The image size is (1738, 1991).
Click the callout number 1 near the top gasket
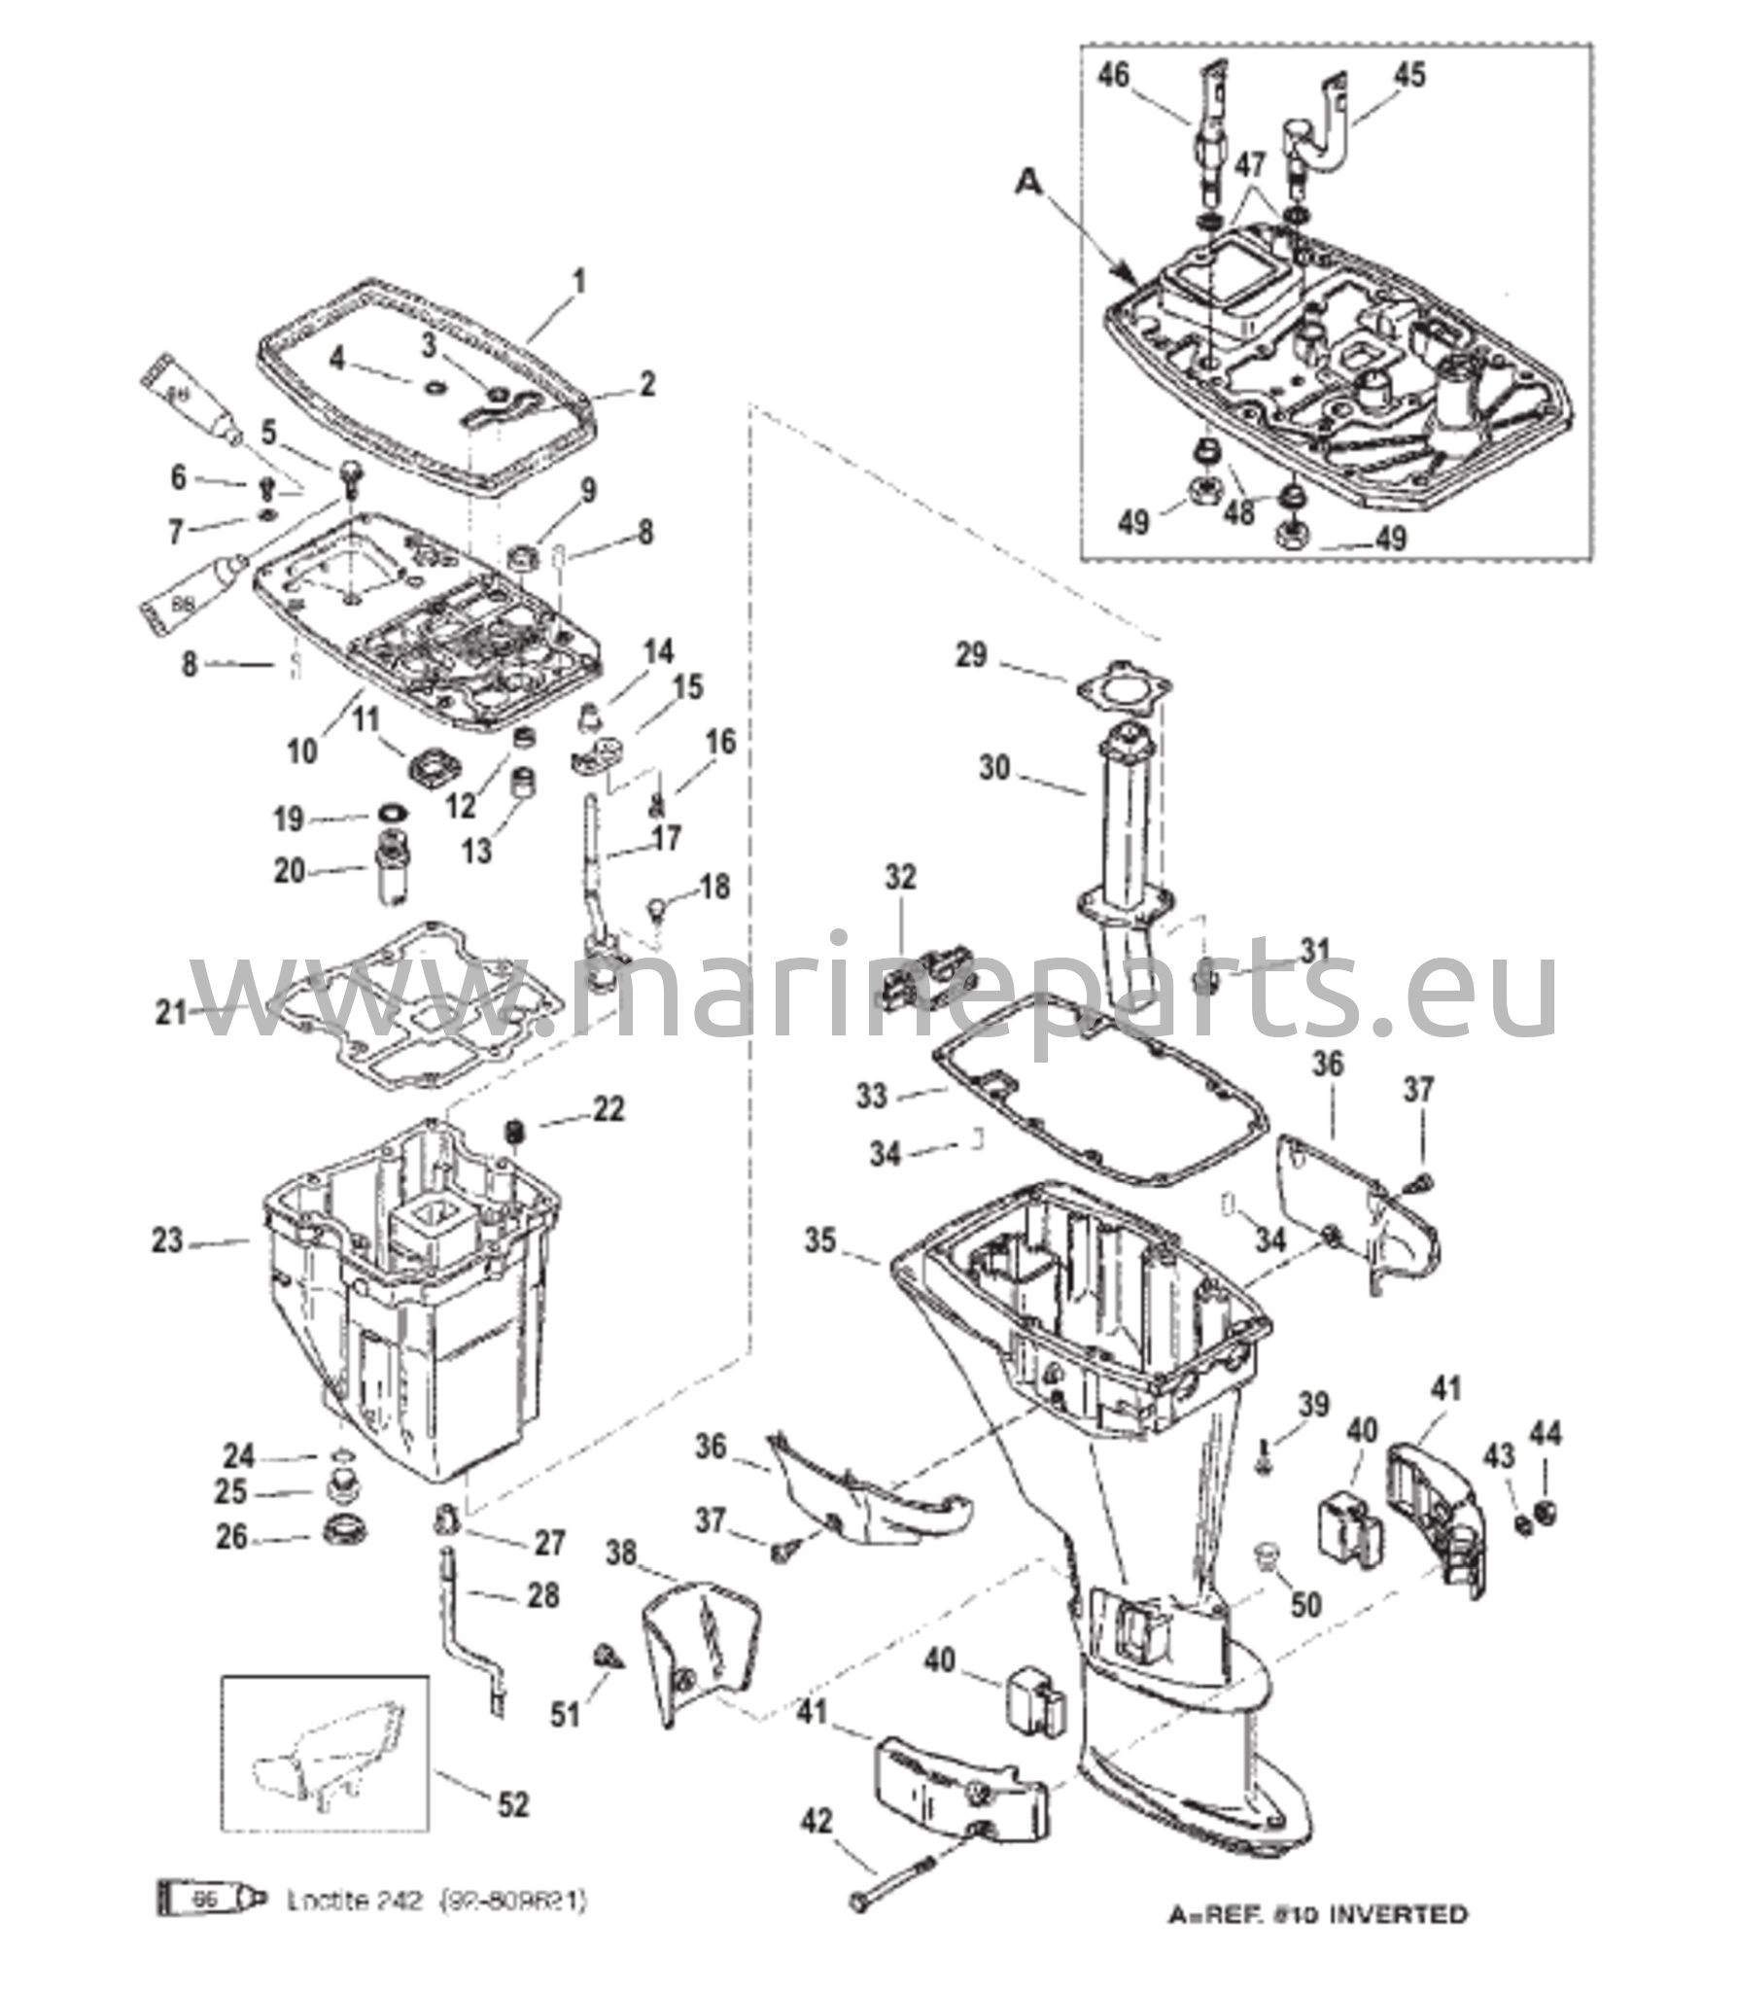[579, 283]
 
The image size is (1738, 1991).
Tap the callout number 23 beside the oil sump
[167, 1241]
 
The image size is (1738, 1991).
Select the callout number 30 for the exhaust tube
[994, 768]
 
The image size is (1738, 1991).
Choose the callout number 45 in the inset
[1408, 75]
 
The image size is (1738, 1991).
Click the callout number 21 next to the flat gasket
[171, 1013]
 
